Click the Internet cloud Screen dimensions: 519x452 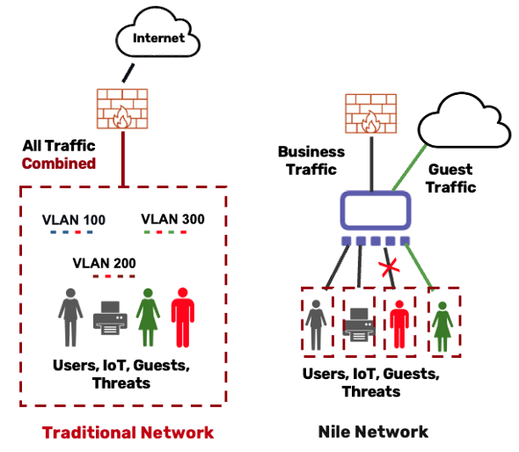pyautogui.click(x=157, y=33)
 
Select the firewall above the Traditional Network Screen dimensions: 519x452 pyautogui.click(x=122, y=108)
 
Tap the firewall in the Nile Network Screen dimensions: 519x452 pyautogui.click(x=370, y=113)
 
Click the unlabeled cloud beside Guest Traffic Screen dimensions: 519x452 pyautogui.click(x=464, y=120)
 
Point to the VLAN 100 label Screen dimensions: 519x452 pyautogui.click(x=74, y=220)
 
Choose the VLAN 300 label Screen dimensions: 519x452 pyautogui.click(x=172, y=219)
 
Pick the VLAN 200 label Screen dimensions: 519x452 pyautogui.click(x=105, y=264)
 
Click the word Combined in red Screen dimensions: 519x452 pyautogui.click(x=59, y=164)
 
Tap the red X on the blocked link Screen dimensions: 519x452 pyautogui.click(x=389, y=267)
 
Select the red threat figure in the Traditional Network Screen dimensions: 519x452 pyautogui.click(x=183, y=317)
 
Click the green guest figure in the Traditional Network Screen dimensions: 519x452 pyautogui.click(x=148, y=317)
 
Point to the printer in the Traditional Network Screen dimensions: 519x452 pyautogui.click(x=110, y=317)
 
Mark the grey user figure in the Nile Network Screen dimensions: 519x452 pyautogui.click(x=316, y=325)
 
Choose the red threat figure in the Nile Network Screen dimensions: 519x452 pyautogui.click(x=399, y=324)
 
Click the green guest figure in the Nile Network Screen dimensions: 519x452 pyautogui.click(x=442, y=326)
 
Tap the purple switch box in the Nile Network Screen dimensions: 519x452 pyautogui.click(x=376, y=210)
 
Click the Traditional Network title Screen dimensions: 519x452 pyautogui.click(x=128, y=433)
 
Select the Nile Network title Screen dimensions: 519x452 pyautogui.click(x=373, y=432)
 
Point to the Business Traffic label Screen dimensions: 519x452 pyautogui.click(x=311, y=160)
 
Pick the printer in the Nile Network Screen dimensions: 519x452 pyautogui.click(x=359, y=324)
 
